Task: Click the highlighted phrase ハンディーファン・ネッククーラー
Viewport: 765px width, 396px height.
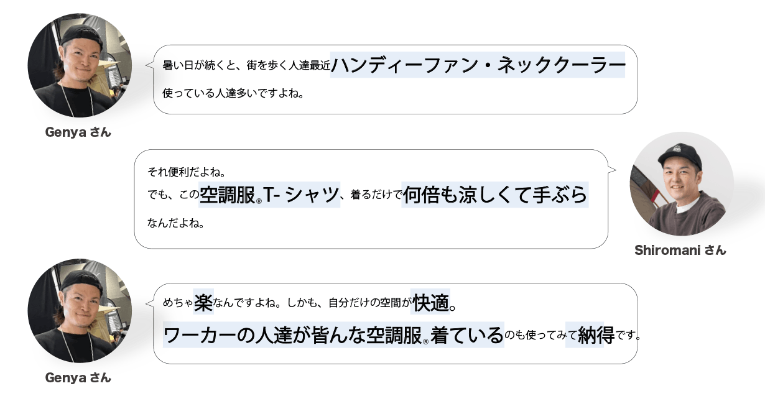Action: coord(477,65)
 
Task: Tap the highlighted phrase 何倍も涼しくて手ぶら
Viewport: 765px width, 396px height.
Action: coord(494,195)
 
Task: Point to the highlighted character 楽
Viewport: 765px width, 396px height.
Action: coord(203,303)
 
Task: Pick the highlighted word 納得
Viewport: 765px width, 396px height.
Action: coord(585,335)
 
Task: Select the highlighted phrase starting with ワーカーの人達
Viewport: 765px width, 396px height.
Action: coord(333,335)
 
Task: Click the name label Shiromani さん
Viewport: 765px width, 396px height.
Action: coord(680,251)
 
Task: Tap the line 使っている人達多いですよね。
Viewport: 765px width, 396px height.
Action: coord(233,94)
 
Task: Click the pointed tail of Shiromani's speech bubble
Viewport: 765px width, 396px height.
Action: coord(612,168)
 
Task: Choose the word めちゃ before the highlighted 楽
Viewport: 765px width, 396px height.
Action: coord(177,304)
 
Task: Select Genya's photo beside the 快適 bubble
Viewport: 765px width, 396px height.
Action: coord(79,311)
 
